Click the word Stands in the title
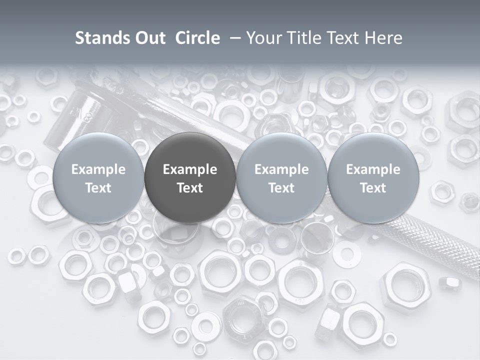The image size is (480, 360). pyautogui.click(x=100, y=38)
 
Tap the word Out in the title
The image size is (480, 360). pyautogui.click(x=149, y=38)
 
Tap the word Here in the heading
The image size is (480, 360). pyautogui.click(x=382, y=38)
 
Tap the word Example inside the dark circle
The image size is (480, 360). pyautogui.click(x=190, y=169)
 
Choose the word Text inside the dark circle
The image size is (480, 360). pyautogui.click(x=190, y=188)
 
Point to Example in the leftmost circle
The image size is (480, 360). pyautogui.click(x=98, y=169)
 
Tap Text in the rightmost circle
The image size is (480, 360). pyautogui.click(x=373, y=188)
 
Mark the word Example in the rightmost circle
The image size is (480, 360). pyautogui.click(x=373, y=169)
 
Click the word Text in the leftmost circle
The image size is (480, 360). pyautogui.click(x=98, y=188)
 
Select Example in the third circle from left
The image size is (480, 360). pyautogui.click(x=281, y=169)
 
